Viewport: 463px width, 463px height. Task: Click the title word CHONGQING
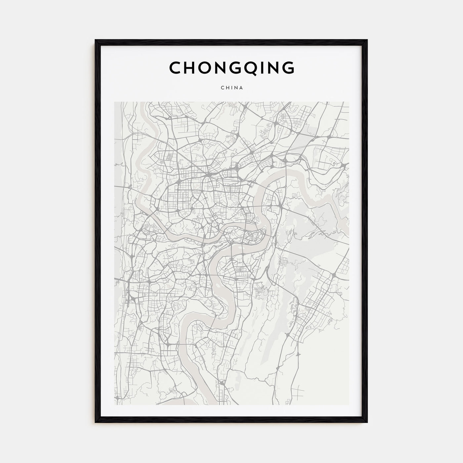pyautogui.click(x=232, y=67)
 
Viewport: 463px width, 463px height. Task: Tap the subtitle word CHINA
pyautogui.click(x=232, y=88)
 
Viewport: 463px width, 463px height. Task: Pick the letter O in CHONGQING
pyautogui.click(x=209, y=67)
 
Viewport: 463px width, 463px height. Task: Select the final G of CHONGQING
pyautogui.click(x=288, y=67)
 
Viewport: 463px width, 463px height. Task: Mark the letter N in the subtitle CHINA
pyautogui.click(x=236, y=88)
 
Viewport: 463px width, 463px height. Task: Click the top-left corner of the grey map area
pyautogui.click(x=114, y=102)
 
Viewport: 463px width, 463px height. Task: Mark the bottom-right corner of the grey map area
pyautogui.click(x=349, y=404)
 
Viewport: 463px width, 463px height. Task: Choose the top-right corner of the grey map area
pyautogui.click(x=349, y=102)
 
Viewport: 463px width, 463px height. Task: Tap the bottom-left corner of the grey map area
pyautogui.click(x=114, y=404)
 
